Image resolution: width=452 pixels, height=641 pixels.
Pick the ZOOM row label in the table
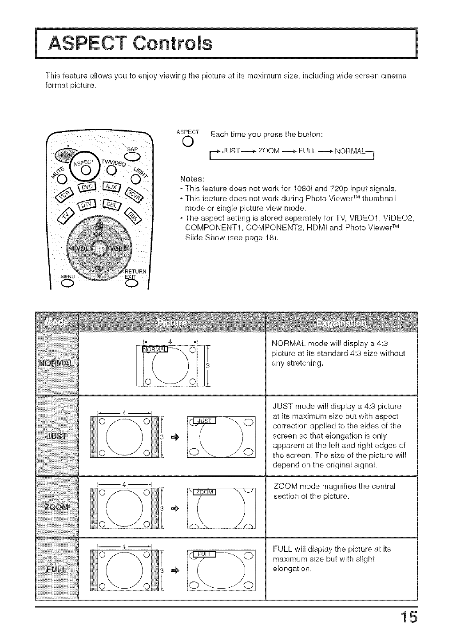56,507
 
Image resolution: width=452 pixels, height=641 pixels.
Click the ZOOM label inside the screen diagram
205,492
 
